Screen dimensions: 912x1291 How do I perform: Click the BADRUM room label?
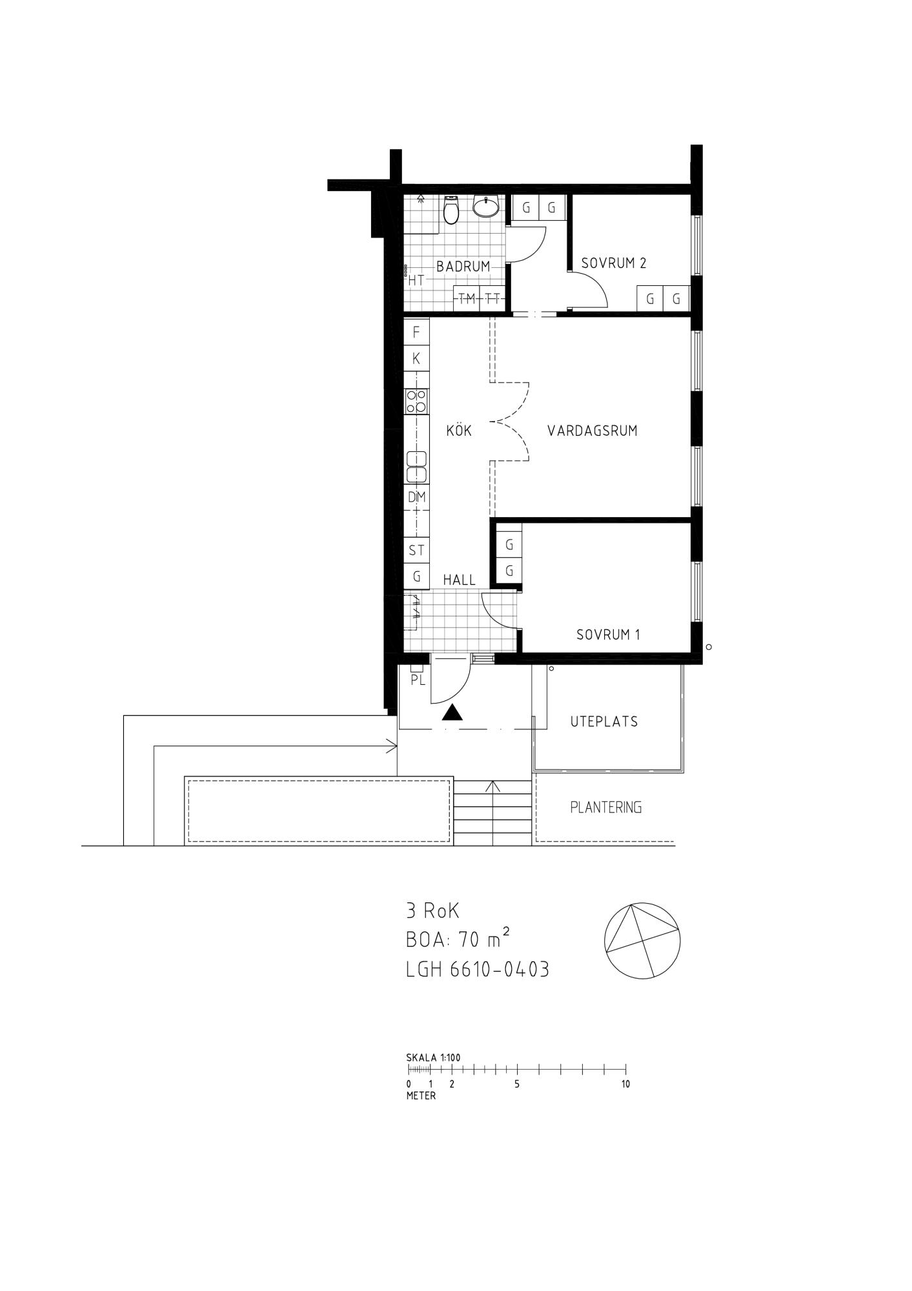463,266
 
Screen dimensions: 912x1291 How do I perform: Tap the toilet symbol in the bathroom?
451,210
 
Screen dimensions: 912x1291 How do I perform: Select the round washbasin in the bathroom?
485,205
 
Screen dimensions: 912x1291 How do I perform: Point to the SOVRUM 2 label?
614,263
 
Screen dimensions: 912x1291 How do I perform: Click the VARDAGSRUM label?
593,431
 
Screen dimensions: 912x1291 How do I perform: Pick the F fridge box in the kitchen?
416,332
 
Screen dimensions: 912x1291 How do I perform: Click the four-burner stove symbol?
416,402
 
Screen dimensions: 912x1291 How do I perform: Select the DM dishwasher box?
416,497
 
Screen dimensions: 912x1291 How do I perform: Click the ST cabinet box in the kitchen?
416,550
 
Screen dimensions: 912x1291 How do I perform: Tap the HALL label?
460,580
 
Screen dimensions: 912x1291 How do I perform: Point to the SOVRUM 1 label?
609,635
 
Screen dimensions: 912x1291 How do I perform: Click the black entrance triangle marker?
453,713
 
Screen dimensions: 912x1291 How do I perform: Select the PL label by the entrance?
418,680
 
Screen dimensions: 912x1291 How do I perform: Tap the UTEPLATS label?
604,722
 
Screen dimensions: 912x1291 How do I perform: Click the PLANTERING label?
606,808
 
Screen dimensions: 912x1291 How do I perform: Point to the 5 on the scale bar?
517,1084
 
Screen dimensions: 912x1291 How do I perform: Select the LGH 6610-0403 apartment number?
478,970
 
